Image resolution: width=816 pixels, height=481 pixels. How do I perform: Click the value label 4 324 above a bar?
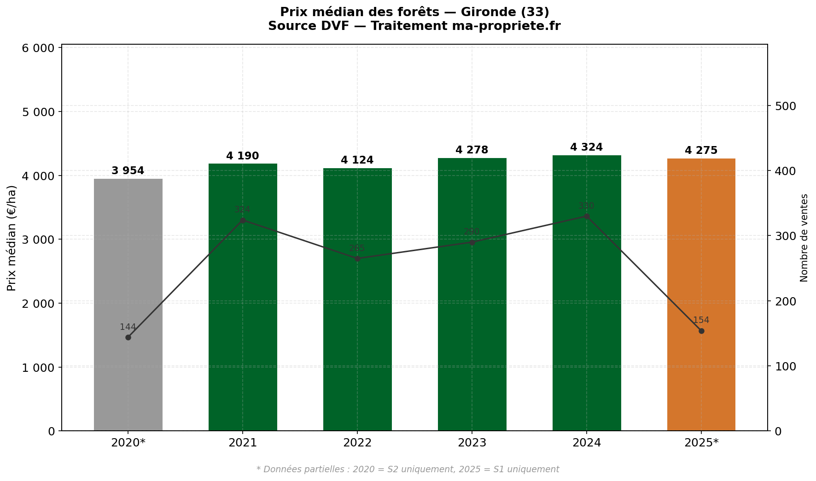[x=586, y=147]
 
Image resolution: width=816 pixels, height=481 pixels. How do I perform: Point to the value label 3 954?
[x=128, y=171]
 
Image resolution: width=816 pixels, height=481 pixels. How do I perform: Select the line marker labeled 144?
[x=128, y=337]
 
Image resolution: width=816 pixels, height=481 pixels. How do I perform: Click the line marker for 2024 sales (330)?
[x=586, y=216]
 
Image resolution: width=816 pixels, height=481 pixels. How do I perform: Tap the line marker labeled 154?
[x=701, y=331]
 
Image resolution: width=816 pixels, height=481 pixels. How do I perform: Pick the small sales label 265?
[x=357, y=248]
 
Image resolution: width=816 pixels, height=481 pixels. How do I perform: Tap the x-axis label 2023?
[x=472, y=443]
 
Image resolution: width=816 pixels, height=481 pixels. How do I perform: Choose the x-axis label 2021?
[x=243, y=443]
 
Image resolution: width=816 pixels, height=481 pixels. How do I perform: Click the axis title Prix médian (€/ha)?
[x=12, y=238]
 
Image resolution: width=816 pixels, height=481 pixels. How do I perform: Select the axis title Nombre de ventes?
[x=804, y=238]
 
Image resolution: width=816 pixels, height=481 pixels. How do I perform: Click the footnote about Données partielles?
[x=408, y=469]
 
